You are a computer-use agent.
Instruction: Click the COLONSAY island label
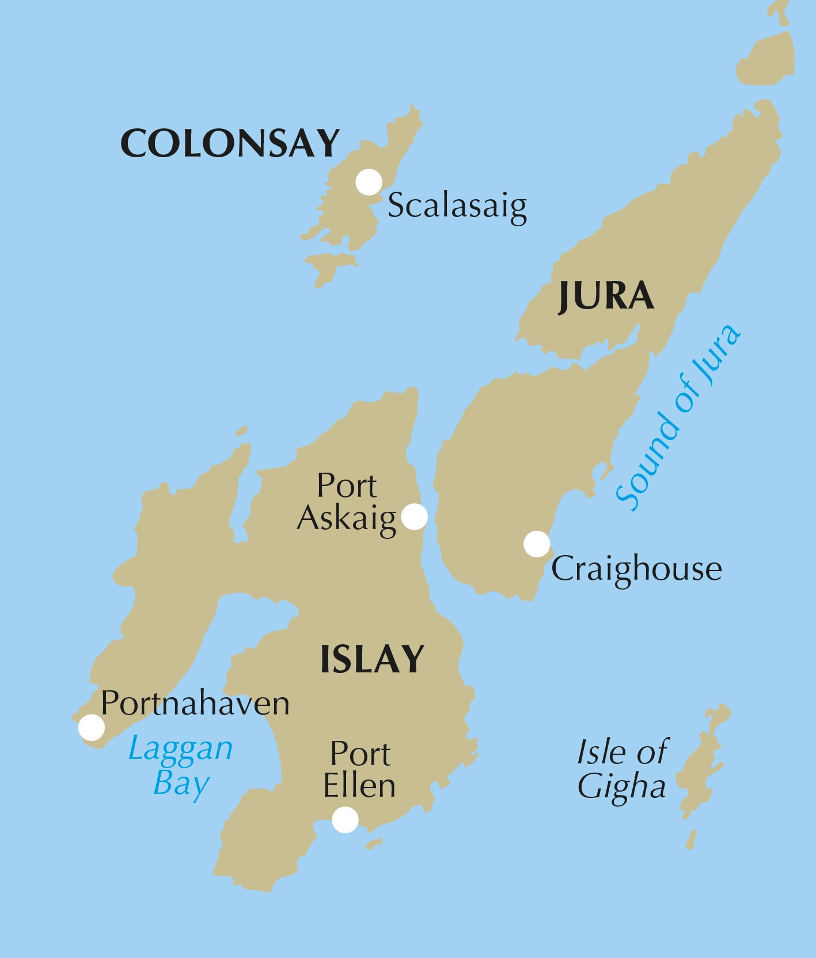click(x=230, y=143)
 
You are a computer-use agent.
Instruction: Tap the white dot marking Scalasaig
click(x=369, y=183)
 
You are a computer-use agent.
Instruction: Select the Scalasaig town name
click(x=457, y=206)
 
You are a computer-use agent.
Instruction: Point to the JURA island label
click(x=606, y=296)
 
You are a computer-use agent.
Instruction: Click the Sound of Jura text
click(x=678, y=418)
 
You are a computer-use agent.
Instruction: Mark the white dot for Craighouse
click(x=537, y=544)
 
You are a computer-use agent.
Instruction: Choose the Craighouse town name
click(x=636, y=569)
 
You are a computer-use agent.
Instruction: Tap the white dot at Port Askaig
click(x=414, y=516)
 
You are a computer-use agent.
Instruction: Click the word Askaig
click(x=347, y=518)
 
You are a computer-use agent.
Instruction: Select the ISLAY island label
click(x=372, y=659)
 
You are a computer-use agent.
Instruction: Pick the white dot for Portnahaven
click(x=92, y=727)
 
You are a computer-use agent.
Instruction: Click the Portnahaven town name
click(x=195, y=704)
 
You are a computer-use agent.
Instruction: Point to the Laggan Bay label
click(x=181, y=766)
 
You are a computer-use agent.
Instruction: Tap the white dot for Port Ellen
click(x=345, y=819)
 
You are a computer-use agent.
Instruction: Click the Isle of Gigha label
click(x=622, y=769)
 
